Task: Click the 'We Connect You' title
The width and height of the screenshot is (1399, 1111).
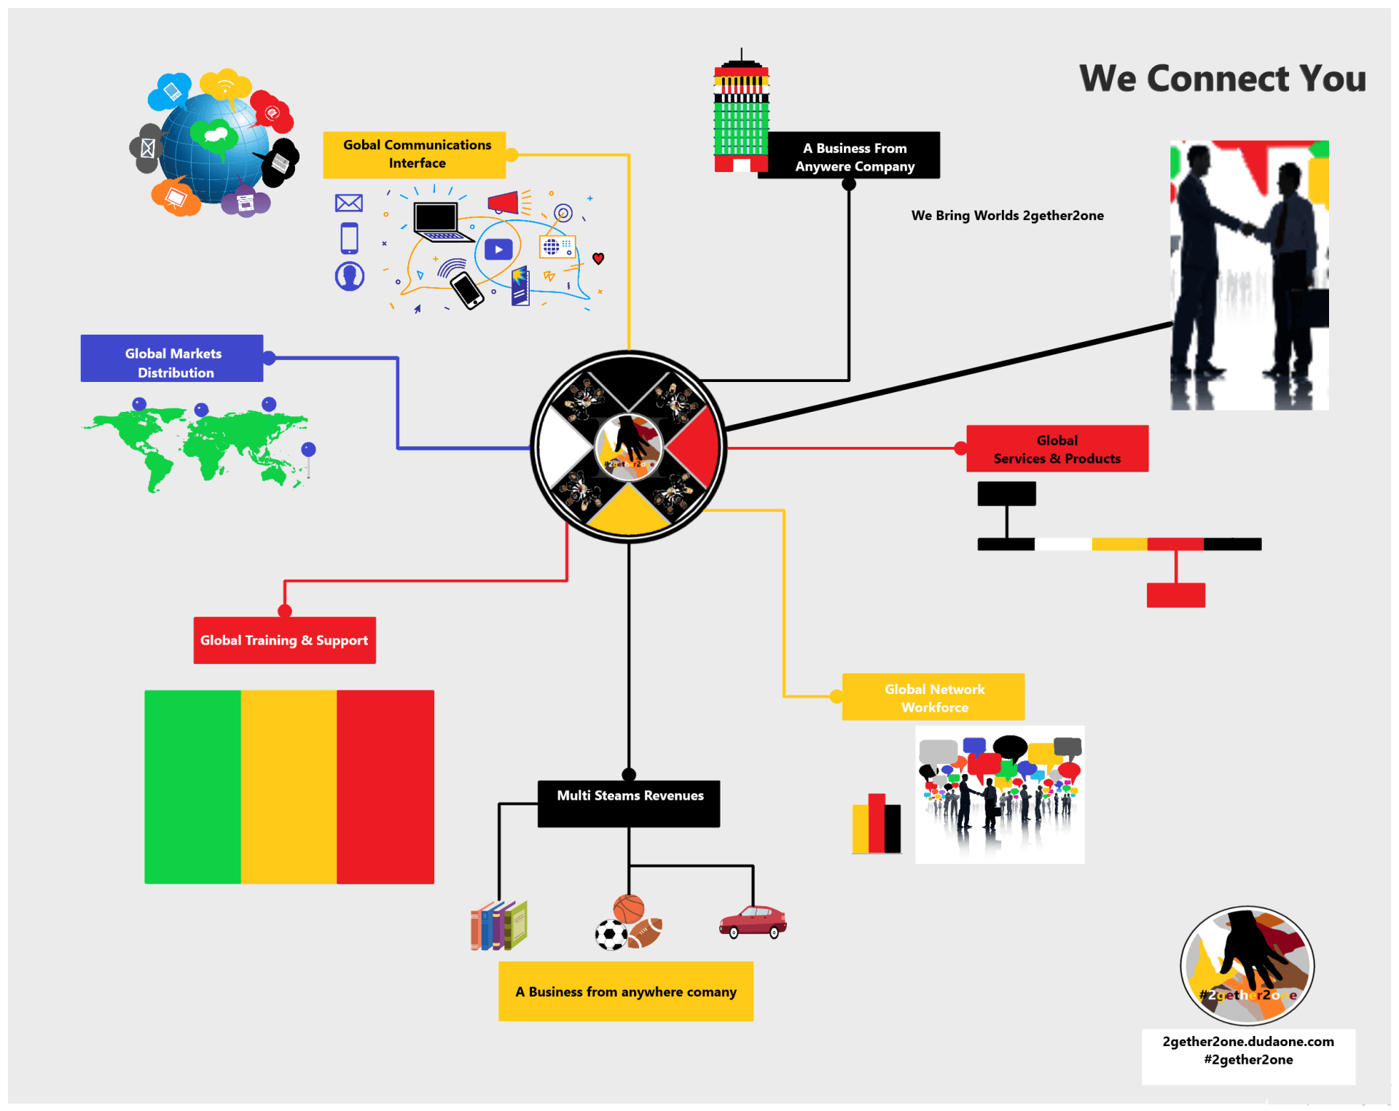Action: click(1222, 79)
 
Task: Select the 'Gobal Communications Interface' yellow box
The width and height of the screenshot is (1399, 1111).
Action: click(415, 155)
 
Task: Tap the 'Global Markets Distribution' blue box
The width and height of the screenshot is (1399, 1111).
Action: click(172, 358)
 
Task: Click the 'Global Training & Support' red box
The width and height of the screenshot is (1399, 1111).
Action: click(285, 640)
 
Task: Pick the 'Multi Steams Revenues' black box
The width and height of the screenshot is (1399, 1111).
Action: click(629, 803)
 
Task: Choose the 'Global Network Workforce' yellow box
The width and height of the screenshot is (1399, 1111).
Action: click(933, 697)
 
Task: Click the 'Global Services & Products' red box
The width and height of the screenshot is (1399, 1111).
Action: click(1057, 448)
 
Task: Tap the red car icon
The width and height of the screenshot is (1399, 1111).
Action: click(753, 921)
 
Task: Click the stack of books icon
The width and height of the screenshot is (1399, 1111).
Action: click(499, 925)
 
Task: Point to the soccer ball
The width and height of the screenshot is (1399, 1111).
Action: click(611, 935)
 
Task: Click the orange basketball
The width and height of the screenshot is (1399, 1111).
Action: click(629, 909)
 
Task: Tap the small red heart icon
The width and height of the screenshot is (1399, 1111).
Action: click(598, 258)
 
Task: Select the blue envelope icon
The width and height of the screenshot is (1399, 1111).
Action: click(349, 203)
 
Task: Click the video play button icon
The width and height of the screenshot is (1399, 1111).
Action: click(498, 249)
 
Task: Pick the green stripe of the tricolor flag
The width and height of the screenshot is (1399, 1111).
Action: click(193, 787)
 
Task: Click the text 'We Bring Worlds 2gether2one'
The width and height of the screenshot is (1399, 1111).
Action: click(1007, 216)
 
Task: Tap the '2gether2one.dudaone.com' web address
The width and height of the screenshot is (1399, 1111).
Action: click(1248, 1042)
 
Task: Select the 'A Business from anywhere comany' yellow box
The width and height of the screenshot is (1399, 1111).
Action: click(626, 991)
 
